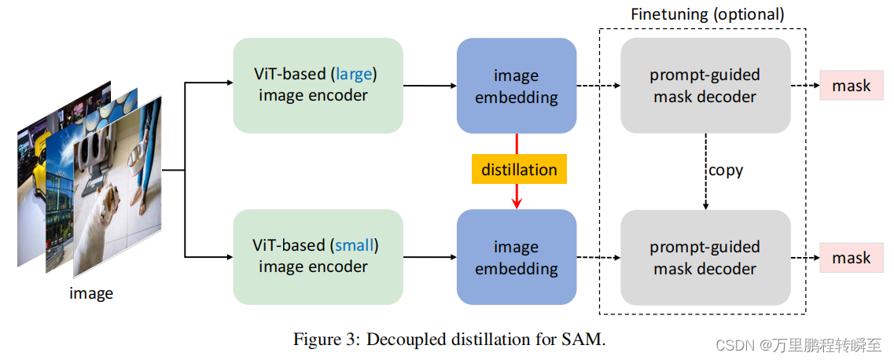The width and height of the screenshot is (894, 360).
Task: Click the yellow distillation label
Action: pos(519,170)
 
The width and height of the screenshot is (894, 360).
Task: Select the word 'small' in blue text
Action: pos(355,245)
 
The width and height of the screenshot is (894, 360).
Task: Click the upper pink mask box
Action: pos(852,86)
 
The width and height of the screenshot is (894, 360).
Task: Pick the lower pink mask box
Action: pos(852,258)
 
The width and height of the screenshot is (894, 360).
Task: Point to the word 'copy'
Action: pos(725,170)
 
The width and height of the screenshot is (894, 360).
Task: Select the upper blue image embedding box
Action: pos(517,86)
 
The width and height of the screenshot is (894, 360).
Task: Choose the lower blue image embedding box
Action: pos(517,257)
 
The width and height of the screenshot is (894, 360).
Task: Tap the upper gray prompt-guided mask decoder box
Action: pos(705,86)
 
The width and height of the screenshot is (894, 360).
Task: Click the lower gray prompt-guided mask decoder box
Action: pos(705,257)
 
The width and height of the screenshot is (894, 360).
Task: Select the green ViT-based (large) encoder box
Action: pos(318,85)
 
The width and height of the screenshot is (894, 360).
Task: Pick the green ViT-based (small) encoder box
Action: pos(318,256)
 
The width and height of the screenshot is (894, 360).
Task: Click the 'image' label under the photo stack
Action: pos(91,294)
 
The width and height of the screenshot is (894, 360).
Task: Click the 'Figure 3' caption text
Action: pos(450,340)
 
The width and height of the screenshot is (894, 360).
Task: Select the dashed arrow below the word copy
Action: pos(705,197)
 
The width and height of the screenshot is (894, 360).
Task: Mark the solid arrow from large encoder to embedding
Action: pos(429,85)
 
